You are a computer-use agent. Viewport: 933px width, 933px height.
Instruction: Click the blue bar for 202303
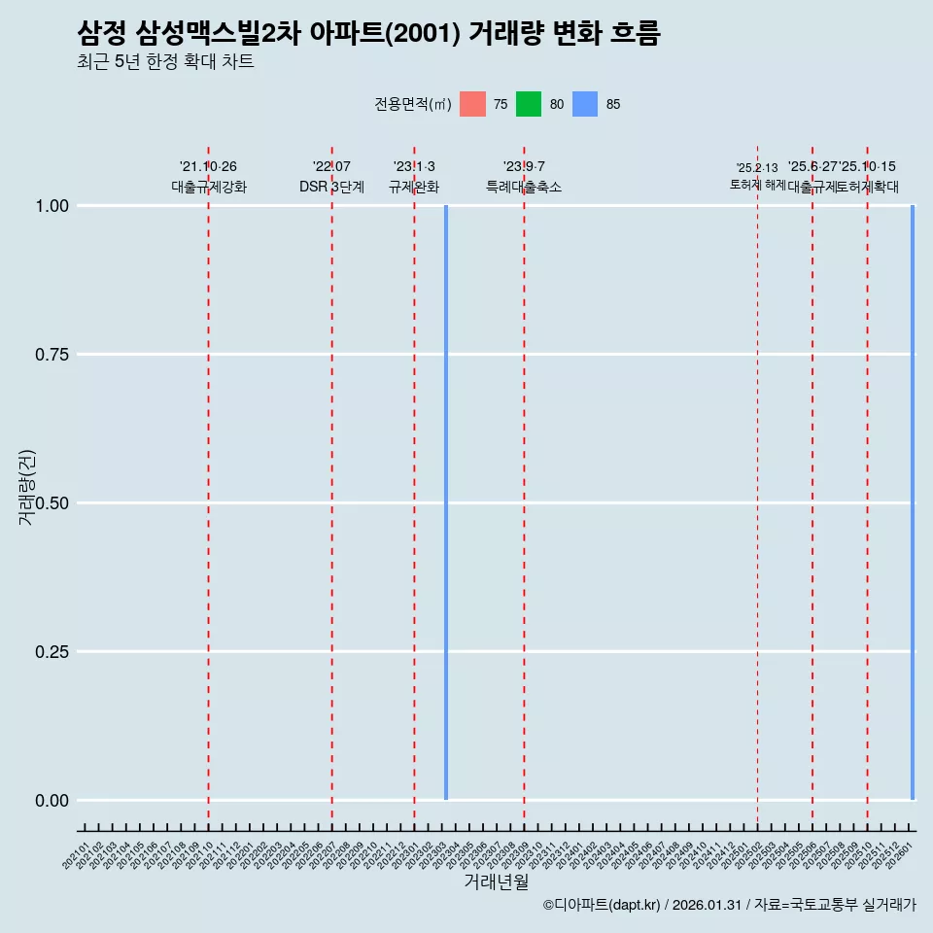coord(446,502)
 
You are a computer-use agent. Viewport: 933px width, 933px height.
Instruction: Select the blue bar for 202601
coord(913,502)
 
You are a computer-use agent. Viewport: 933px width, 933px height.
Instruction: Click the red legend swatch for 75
coord(472,104)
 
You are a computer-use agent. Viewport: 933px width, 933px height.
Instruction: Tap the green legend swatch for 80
coord(529,104)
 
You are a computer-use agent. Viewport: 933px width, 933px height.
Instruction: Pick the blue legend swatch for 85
coord(585,104)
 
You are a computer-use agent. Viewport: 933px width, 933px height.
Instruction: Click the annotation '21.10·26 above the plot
coord(208,167)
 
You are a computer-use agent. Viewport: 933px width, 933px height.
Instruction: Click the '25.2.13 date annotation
coord(757,168)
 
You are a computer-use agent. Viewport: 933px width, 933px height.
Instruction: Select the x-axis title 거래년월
coord(496,882)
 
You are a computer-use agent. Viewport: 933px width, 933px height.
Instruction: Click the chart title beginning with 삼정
coord(368,34)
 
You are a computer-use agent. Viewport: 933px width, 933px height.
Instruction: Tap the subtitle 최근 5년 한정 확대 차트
coord(165,62)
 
